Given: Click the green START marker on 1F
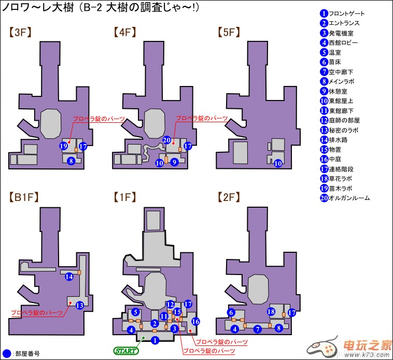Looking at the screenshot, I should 127,351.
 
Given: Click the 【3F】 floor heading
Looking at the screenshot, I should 21,32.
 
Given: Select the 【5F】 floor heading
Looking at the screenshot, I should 229,32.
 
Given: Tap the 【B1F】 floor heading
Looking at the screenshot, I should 24,197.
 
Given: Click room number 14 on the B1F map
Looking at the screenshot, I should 68,277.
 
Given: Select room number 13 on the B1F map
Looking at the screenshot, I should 79,305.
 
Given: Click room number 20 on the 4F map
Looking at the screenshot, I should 166,140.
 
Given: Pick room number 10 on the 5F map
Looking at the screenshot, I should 278,163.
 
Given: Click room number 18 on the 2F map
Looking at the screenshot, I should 271,311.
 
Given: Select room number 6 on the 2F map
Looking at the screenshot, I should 231,312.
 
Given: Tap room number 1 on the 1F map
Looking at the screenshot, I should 154,340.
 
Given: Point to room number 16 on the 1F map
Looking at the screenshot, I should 195,322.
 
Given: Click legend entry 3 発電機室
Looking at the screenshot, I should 342,33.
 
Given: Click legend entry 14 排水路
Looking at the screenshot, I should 340,139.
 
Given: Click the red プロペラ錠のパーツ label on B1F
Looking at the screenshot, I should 37,313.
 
